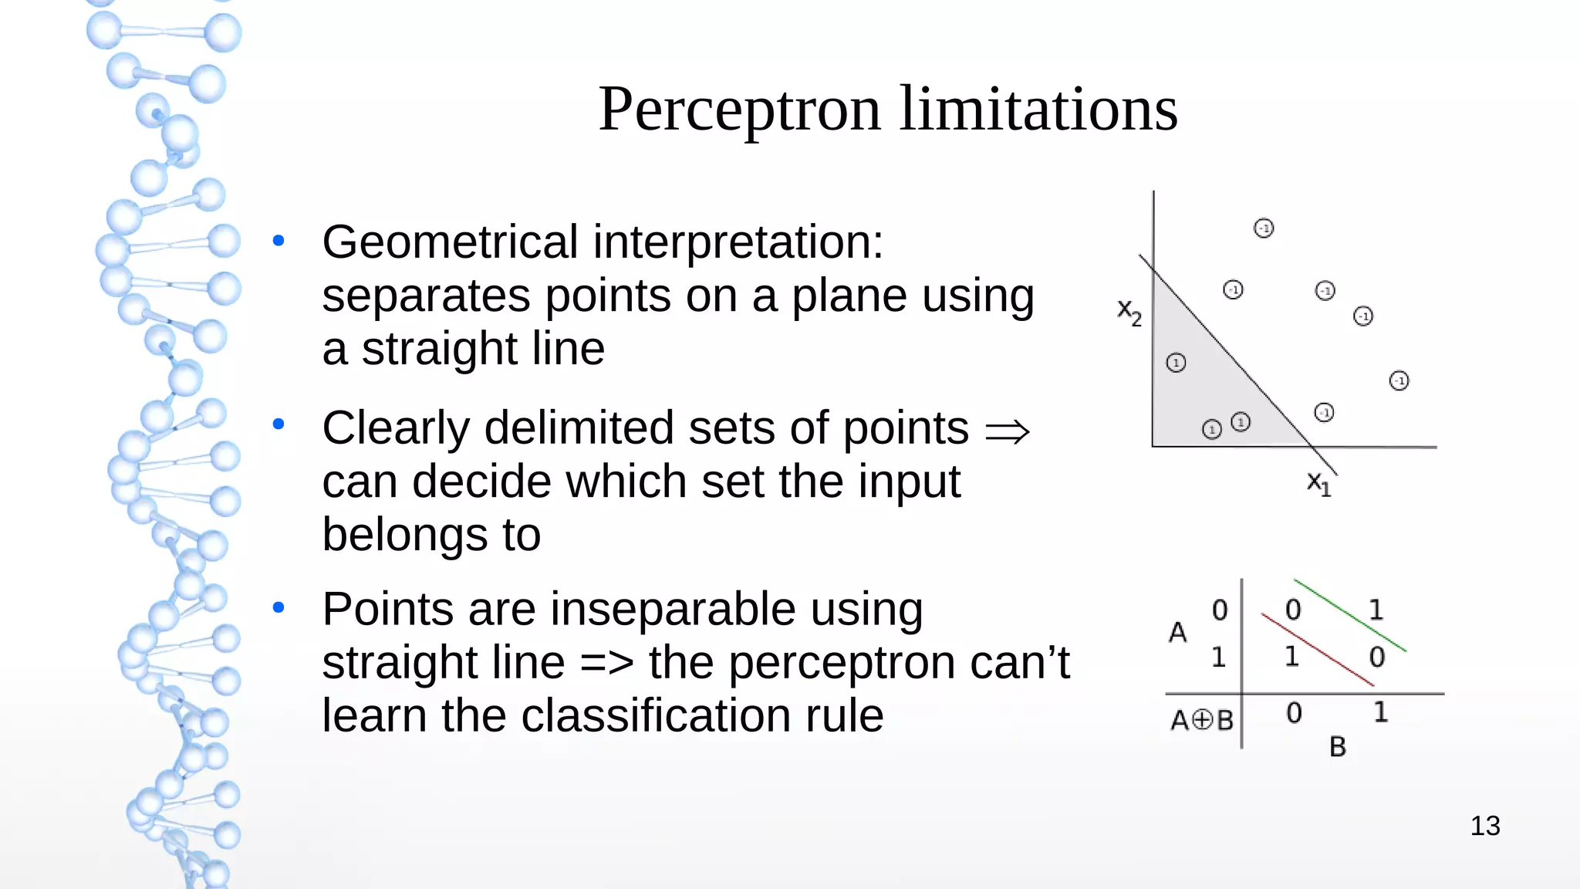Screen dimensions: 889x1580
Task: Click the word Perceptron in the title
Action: click(x=739, y=110)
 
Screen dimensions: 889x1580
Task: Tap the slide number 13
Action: click(x=1484, y=826)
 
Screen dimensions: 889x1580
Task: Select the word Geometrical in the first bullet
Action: click(x=450, y=242)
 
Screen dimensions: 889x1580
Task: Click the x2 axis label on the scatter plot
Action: click(x=1129, y=313)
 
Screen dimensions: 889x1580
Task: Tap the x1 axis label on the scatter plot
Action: click(x=1318, y=483)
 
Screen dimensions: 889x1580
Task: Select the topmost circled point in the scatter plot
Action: click(x=1264, y=228)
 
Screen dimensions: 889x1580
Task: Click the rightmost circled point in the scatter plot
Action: click(x=1399, y=380)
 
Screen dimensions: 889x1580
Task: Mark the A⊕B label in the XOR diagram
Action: click(x=1201, y=720)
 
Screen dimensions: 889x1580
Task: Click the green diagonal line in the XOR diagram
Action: click(x=1350, y=615)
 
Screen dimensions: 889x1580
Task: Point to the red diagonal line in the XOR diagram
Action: click(x=1317, y=649)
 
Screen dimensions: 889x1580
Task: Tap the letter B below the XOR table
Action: click(x=1338, y=747)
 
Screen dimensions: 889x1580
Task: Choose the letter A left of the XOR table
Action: click(x=1177, y=633)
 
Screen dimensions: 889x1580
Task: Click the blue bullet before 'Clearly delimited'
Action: click(x=279, y=424)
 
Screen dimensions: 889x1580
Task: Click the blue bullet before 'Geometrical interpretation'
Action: click(x=279, y=241)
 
